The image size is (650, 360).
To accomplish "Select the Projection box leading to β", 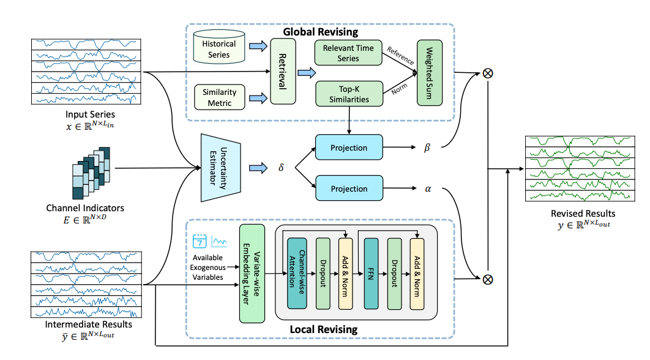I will pos(348,148).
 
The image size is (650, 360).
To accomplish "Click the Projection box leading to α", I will pos(348,189).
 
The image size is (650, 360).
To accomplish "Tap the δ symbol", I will pos(281,167).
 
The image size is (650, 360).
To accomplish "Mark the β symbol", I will pos(427,148).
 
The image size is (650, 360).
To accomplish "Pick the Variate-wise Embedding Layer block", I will pos(252,274).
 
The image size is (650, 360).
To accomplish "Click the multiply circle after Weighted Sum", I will pos(488,73).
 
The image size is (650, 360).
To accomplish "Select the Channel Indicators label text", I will pos(86,208).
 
